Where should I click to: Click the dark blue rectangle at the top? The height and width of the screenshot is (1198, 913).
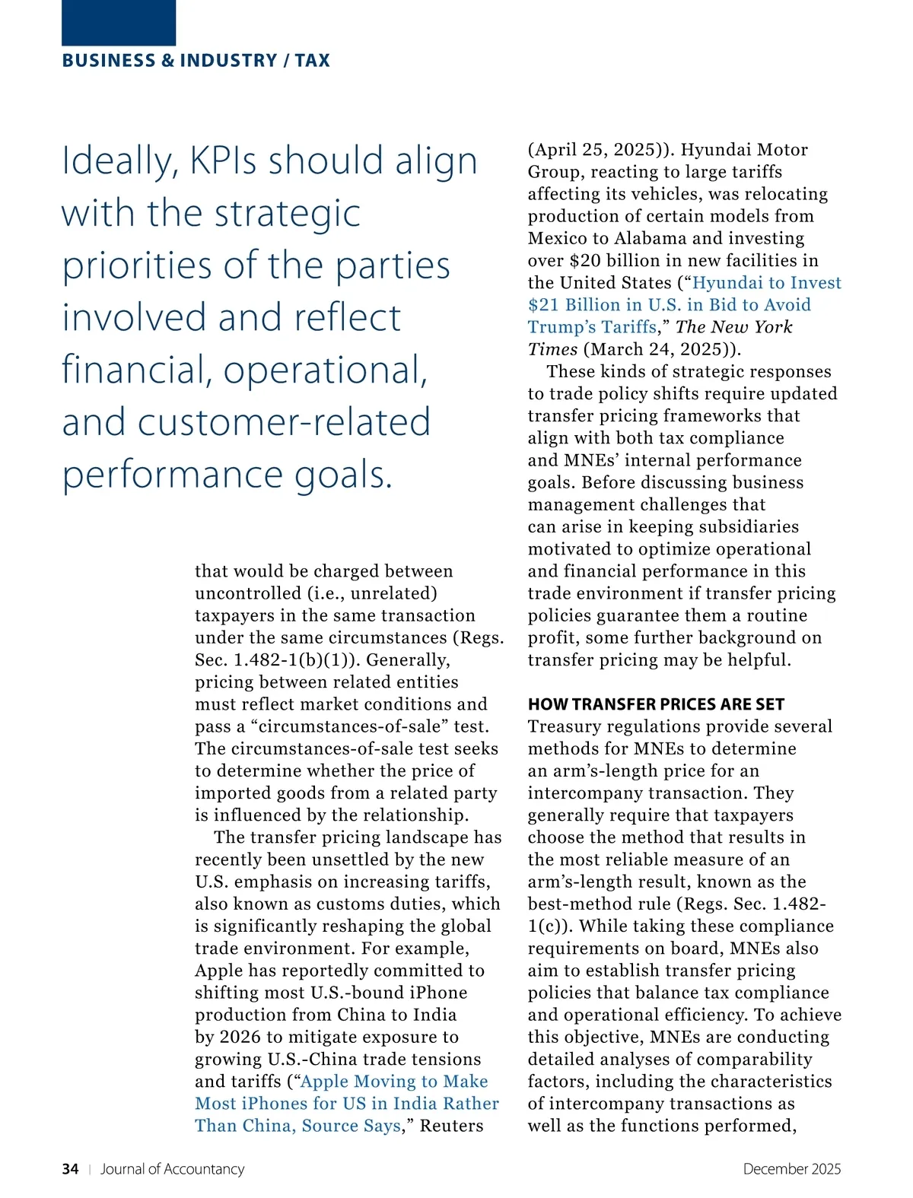click(119, 23)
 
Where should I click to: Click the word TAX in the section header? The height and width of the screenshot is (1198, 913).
click(313, 61)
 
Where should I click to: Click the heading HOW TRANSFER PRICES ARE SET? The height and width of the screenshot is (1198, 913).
click(656, 704)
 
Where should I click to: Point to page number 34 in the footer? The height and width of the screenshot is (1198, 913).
click(70, 1169)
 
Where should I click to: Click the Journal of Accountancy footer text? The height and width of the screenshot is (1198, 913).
click(173, 1169)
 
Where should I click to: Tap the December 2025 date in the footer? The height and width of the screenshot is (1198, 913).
click(792, 1169)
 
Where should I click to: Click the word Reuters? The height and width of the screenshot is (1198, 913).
click(451, 1126)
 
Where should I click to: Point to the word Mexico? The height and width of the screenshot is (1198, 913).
click(559, 239)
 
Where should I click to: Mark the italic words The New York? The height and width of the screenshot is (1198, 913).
click(733, 327)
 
